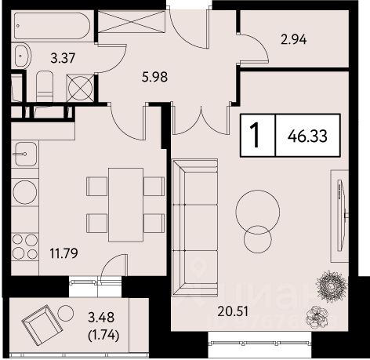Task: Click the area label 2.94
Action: pos(293,40)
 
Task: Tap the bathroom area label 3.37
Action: pos(63,58)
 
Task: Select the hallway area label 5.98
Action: pos(154,77)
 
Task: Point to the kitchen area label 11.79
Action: pos(64,253)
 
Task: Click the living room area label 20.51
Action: pos(233,311)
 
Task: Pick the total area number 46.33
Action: pos(307,136)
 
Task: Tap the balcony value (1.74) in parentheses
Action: pos(104,335)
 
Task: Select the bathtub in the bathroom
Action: pos(53,26)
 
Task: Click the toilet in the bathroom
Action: pos(45,86)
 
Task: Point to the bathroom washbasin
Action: pos(22,56)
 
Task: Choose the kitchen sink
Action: pos(26,155)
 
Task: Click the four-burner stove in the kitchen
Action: pos(25,247)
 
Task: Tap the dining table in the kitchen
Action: pos(125,205)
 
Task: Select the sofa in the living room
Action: pos(195,227)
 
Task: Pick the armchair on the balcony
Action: pos(42,323)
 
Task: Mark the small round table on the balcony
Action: pos(66,313)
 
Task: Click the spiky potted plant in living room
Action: pos(332,286)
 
